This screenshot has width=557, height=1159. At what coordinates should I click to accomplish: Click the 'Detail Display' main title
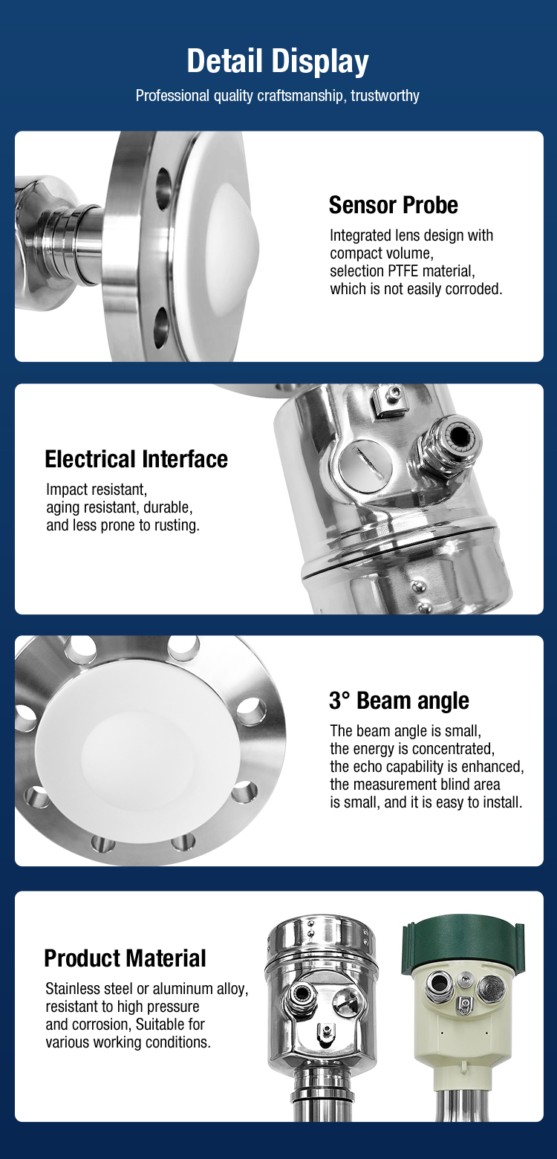pyautogui.click(x=278, y=61)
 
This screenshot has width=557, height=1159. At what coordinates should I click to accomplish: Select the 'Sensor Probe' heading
pyautogui.click(x=393, y=205)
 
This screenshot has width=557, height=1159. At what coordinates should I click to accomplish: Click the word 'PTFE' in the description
pyautogui.click(x=404, y=270)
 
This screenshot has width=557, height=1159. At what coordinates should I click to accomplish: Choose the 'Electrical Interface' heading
pyautogui.click(x=136, y=459)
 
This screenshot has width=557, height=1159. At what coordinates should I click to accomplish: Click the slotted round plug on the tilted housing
pyautogui.click(x=365, y=464)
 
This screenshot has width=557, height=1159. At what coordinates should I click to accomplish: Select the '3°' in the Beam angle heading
pyautogui.click(x=340, y=701)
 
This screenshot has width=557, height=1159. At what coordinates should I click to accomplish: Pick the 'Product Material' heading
pyautogui.click(x=126, y=958)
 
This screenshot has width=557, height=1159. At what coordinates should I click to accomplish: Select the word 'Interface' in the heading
pyautogui.click(x=185, y=459)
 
